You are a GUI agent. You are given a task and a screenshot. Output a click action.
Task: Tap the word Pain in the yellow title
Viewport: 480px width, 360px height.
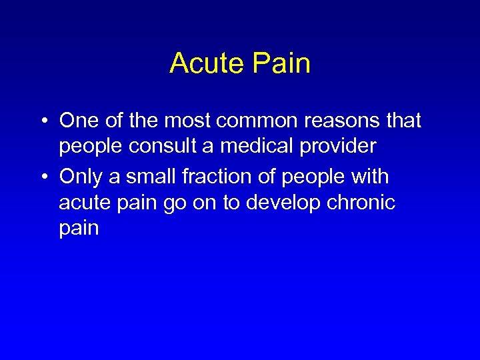283,64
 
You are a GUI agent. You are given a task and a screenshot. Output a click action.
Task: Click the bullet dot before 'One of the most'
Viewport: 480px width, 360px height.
43,121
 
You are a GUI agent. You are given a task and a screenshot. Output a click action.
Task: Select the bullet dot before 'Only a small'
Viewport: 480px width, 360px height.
43,177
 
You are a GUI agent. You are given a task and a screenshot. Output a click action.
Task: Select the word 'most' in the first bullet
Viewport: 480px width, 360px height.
193,121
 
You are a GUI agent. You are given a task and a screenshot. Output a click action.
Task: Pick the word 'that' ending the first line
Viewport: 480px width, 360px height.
403,121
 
